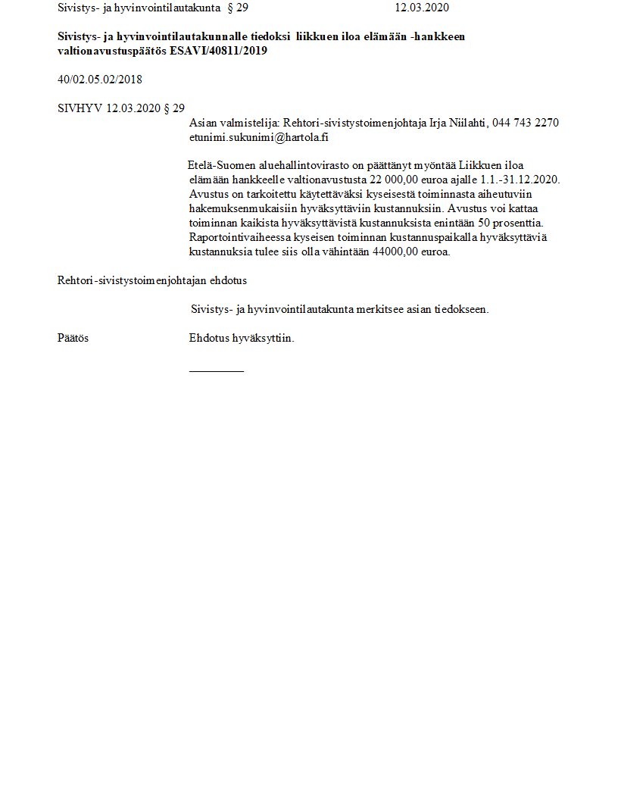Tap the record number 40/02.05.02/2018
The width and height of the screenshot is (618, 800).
99,80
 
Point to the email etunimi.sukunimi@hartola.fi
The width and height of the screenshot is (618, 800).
258,138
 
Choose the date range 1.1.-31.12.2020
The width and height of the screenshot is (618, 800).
519,180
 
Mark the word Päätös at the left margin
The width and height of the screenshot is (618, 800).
73,338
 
